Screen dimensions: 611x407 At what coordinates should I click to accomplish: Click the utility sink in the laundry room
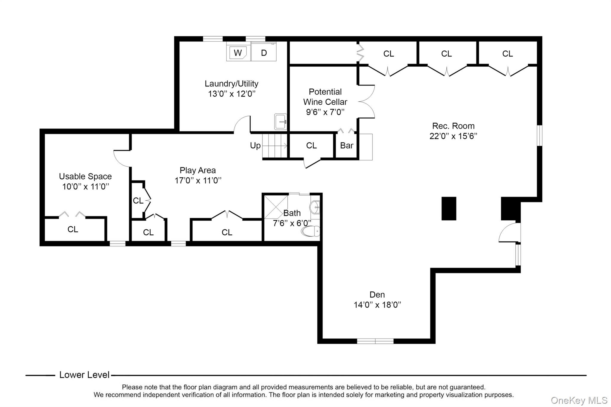[280, 122]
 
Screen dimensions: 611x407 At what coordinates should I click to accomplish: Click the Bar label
[347, 146]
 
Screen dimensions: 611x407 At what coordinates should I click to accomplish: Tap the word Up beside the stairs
[255, 146]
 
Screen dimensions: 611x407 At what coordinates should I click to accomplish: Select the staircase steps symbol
[275, 146]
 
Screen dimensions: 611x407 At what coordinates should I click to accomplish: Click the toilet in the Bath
[311, 231]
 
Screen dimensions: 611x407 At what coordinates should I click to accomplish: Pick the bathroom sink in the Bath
[315, 207]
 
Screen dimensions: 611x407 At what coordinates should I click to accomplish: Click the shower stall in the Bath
[276, 207]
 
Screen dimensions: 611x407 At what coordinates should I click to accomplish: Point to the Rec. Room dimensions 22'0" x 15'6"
[453, 136]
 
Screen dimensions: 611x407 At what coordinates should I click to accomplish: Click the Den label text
[377, 295]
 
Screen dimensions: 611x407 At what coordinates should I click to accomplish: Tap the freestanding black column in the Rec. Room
[449, 208]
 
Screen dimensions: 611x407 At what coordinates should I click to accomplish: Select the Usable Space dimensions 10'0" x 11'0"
[86, 187]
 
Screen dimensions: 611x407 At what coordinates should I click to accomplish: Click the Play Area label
[198, 171]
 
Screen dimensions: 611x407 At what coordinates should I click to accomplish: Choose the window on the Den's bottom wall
[375, 341]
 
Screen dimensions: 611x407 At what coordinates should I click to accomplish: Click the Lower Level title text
[84, 375]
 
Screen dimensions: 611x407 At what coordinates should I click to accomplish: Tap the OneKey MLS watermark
[579, 400]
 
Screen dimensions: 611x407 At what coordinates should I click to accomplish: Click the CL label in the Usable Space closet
[73, 229]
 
